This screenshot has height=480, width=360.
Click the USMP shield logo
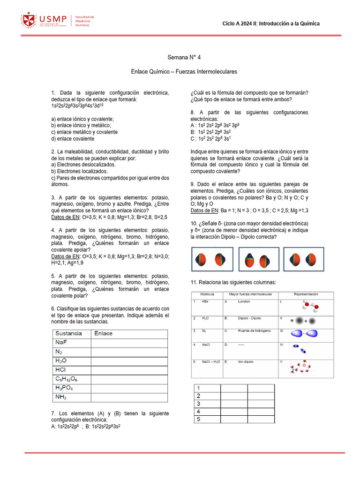(x=28, y=21)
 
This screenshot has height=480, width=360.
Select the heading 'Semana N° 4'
(x=184, y=57)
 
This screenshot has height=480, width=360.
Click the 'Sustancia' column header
(x=69, y=333)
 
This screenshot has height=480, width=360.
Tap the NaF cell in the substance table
(x=61, y=343)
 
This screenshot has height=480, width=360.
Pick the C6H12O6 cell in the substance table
(x=66, y=379)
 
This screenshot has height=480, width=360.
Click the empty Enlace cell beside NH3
(x=129, y=397)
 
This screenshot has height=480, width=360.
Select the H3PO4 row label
(x=64, y=388)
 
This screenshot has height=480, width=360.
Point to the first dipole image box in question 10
(x=212, y=260)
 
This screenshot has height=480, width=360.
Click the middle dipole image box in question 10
(x=259, y=260)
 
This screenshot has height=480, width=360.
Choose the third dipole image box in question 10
(x=303, y=260)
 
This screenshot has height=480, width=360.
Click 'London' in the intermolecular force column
(x=244, y=301)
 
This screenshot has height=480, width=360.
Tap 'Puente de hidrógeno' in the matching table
(x=254, y=331)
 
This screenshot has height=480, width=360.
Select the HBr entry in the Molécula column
(x=206, y=301)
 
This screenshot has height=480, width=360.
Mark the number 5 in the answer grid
(x=199, y=419)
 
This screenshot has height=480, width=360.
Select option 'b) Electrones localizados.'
(x=79, y=172)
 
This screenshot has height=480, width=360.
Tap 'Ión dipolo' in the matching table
(x=246, y=362)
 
